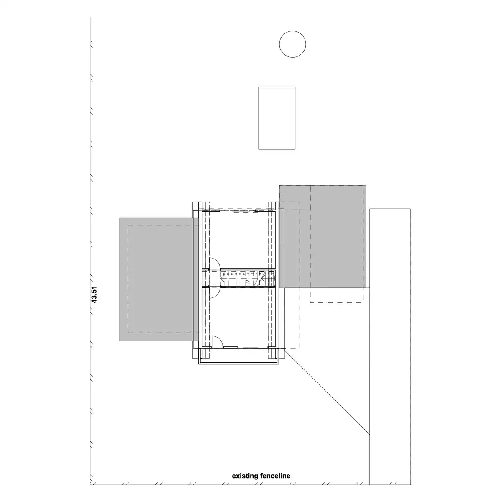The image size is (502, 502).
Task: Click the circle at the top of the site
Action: (x=292, y=44)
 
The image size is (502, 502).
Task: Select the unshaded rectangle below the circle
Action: (x=277, y=118)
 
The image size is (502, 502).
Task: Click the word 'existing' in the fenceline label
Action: (x=245, y=476)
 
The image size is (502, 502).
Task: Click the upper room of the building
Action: (x=238, y=238)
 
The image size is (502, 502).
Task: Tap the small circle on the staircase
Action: (x=247, y=282)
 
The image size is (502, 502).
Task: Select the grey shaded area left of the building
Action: (x=156, y=279)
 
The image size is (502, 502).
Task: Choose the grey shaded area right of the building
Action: (x=324, y=236)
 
